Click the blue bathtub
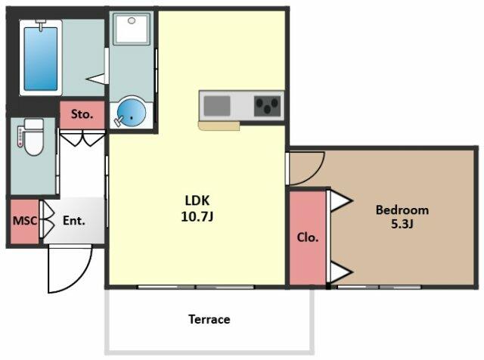coord(41,59)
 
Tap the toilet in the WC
coord(33,137)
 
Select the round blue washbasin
coord(132,112)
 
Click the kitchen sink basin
coord(217,106)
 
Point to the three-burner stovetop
coord(267,106)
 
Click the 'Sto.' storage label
coord(82,114)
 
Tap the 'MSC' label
coord(25,220)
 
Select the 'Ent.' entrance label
coord(74,220)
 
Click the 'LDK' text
coord(197,200)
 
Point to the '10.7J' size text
coord(197,216)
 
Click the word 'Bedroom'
coord(402,210)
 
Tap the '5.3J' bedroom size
coord(402,224)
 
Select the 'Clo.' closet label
coord(308,237)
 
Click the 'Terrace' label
coord(209,319)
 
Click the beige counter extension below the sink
coord(219,126)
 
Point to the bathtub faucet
coord(40,25)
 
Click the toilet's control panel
coord(20,136)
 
